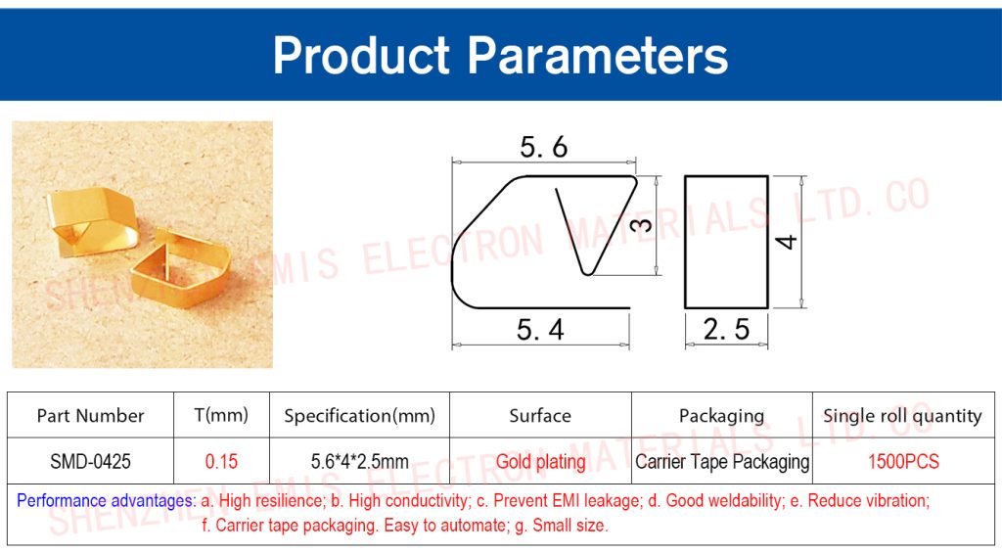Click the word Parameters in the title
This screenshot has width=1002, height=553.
pyautogui.click(x=598, y=55)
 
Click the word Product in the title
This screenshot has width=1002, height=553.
pyautogui.click(x=362, y=55)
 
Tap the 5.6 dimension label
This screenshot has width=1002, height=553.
pyautogui.click(x=543, y=147)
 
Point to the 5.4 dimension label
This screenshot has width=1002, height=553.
pyautogui.click(x=540, y=330)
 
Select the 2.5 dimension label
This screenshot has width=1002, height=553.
pyautogui.click(x=726, y=329)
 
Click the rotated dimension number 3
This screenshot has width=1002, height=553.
pyautogui.click(x=642, y=225)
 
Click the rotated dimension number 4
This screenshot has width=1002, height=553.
pyautogui.click(x=786, y=242)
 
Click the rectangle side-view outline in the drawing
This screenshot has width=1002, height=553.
pyautogui.click(x=685, y=242)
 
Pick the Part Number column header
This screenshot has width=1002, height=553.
pyautogui.click(x=91, y=416)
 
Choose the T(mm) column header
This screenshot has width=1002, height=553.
pyautogui.click(x=221, y=416)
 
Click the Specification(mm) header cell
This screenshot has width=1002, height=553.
pyautogui.click(x=360, y=416)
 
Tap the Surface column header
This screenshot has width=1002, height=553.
pyautogui.click(x=540, y=416)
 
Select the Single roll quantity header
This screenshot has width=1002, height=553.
pyautogui.click(x=902, y=416)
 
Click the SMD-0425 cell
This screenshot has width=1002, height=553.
pyautogui.click(x=91, y=462)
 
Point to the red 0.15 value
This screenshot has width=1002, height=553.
pyautogui.click(x=221, y=462)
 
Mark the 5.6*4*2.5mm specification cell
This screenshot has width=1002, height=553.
pyautogui.click(x=360, y=462)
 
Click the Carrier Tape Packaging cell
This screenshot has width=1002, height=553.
pyautogui.click(x=722, y=462)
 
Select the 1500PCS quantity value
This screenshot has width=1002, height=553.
pyautogui.click(x=903, y=462)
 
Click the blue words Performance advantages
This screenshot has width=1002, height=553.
pyautogui.click(x=106, y=500)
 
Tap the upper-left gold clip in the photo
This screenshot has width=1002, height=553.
pyautogui.click(x=93, y=220)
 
